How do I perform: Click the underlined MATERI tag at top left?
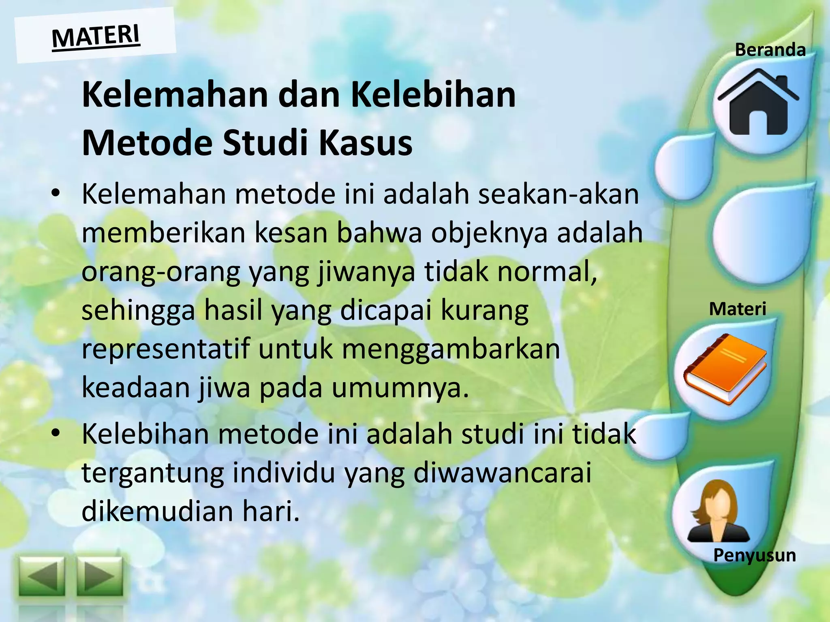pos(96,36)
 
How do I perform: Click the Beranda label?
pos(770,50)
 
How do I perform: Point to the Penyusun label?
pos(755,555)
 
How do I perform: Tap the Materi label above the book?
pos(738,309)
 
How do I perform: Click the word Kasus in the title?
pos(365,143)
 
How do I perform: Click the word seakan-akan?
pos(558,194)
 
